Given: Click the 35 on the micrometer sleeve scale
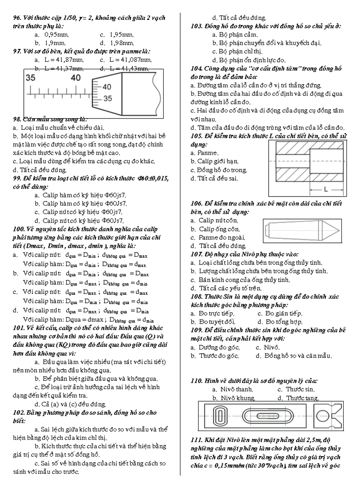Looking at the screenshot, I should click(30, 78).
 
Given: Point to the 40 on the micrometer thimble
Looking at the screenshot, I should click(107, 87).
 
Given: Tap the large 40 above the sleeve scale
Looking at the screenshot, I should click(76, 78).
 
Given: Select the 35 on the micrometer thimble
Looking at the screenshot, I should click(107, 99).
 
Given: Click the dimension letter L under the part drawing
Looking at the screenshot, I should click(326, 190).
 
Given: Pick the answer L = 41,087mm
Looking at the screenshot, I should click(130, 60).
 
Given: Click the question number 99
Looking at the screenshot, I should click(18, 178).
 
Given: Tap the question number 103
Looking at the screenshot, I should click(197, 26).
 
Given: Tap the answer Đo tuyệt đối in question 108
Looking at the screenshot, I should click(217, 322).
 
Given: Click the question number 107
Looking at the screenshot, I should click(197, 254).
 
